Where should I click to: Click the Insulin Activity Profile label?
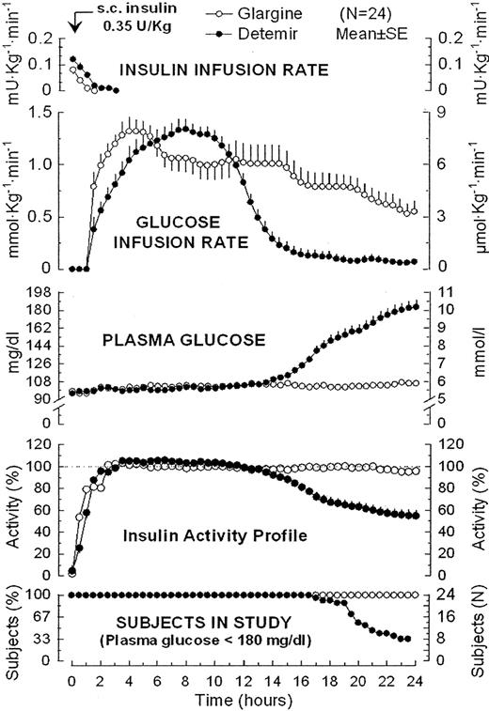click(x=218, y=535)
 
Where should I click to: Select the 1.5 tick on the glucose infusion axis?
click(x=42, y=112)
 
